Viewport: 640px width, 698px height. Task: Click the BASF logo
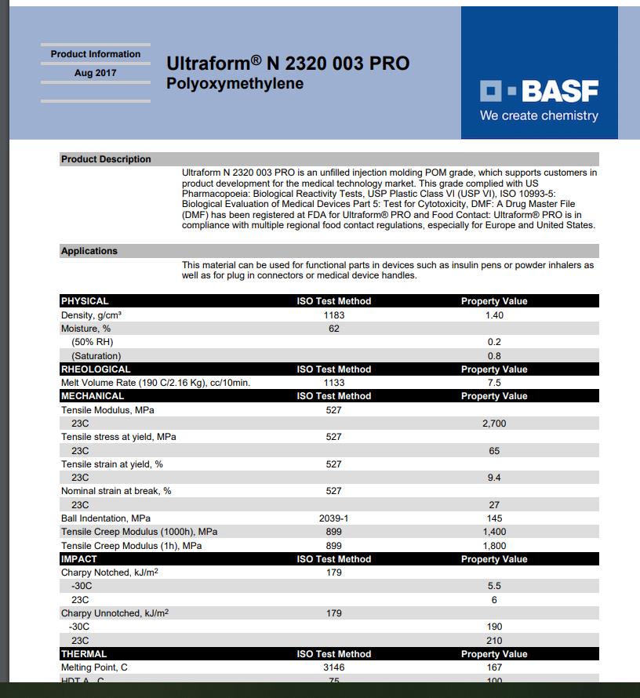pos(539,91)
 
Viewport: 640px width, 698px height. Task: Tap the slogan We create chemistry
pos(539,116)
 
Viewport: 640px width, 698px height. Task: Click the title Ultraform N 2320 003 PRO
pos(288,64)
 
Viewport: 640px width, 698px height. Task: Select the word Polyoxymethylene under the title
pos(235,83)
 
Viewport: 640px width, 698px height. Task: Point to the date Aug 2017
pos(95,73)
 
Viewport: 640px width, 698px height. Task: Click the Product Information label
pos(96,54)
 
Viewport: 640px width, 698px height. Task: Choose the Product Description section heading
pos(106,159)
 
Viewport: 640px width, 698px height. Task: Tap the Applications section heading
pos(89,251)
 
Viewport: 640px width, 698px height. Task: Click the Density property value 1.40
pos(494,314)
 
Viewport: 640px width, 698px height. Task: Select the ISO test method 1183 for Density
pos(334,314)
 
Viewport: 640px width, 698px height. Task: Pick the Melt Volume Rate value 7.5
pos(494,383)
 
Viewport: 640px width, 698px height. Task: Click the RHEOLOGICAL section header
pos(96,369)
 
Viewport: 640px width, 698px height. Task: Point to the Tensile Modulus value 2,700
pos(494,424)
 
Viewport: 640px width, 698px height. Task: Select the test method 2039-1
pos(334,518)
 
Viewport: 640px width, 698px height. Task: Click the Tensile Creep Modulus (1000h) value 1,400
pos(494,532)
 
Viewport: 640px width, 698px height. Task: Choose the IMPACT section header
pos(79,559)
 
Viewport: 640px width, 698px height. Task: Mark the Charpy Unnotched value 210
pos(494,640)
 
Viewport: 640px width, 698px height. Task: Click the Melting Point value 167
pos(494,667)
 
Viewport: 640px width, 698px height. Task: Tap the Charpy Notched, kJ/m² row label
pos(110,573)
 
